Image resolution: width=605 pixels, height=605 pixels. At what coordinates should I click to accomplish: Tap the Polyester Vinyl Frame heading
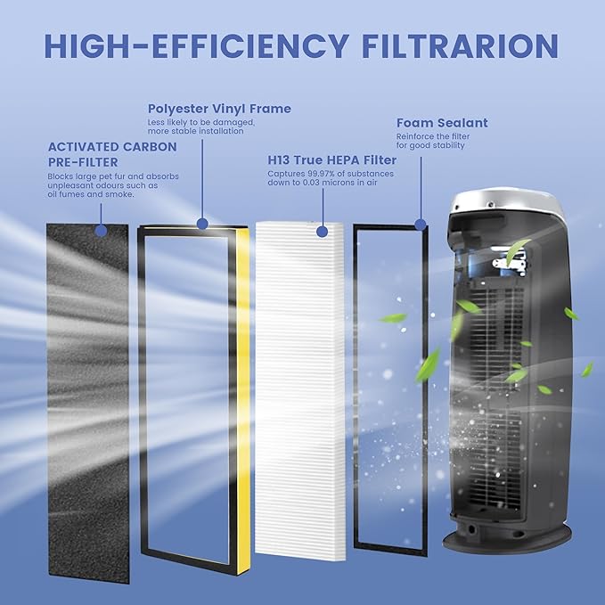tap(219, 109)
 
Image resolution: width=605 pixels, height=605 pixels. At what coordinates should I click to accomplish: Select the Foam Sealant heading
tap(442, 123)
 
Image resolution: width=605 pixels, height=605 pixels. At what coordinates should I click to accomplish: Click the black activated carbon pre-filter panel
tap(87, 401)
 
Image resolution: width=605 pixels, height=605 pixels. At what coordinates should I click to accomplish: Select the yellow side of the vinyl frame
tap(241, 401)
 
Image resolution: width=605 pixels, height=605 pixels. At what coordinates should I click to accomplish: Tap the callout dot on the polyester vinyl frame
tap(203, 224)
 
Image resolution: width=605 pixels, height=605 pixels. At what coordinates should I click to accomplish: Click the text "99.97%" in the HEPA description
tap(329, 174)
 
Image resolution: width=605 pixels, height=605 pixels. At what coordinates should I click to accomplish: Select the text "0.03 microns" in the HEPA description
tap(322, 184)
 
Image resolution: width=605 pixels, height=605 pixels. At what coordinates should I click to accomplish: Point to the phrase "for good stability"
tap(430, 145)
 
